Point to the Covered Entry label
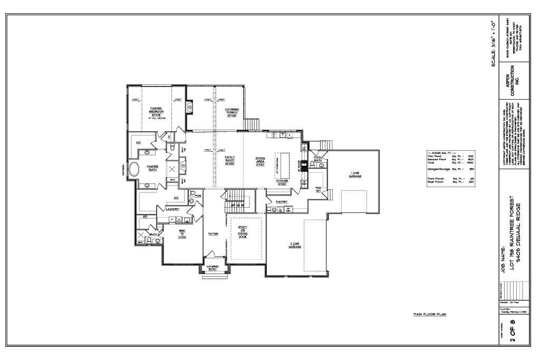point(213,267)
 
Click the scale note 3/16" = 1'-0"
point(493,42)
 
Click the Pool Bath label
point(317,159)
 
